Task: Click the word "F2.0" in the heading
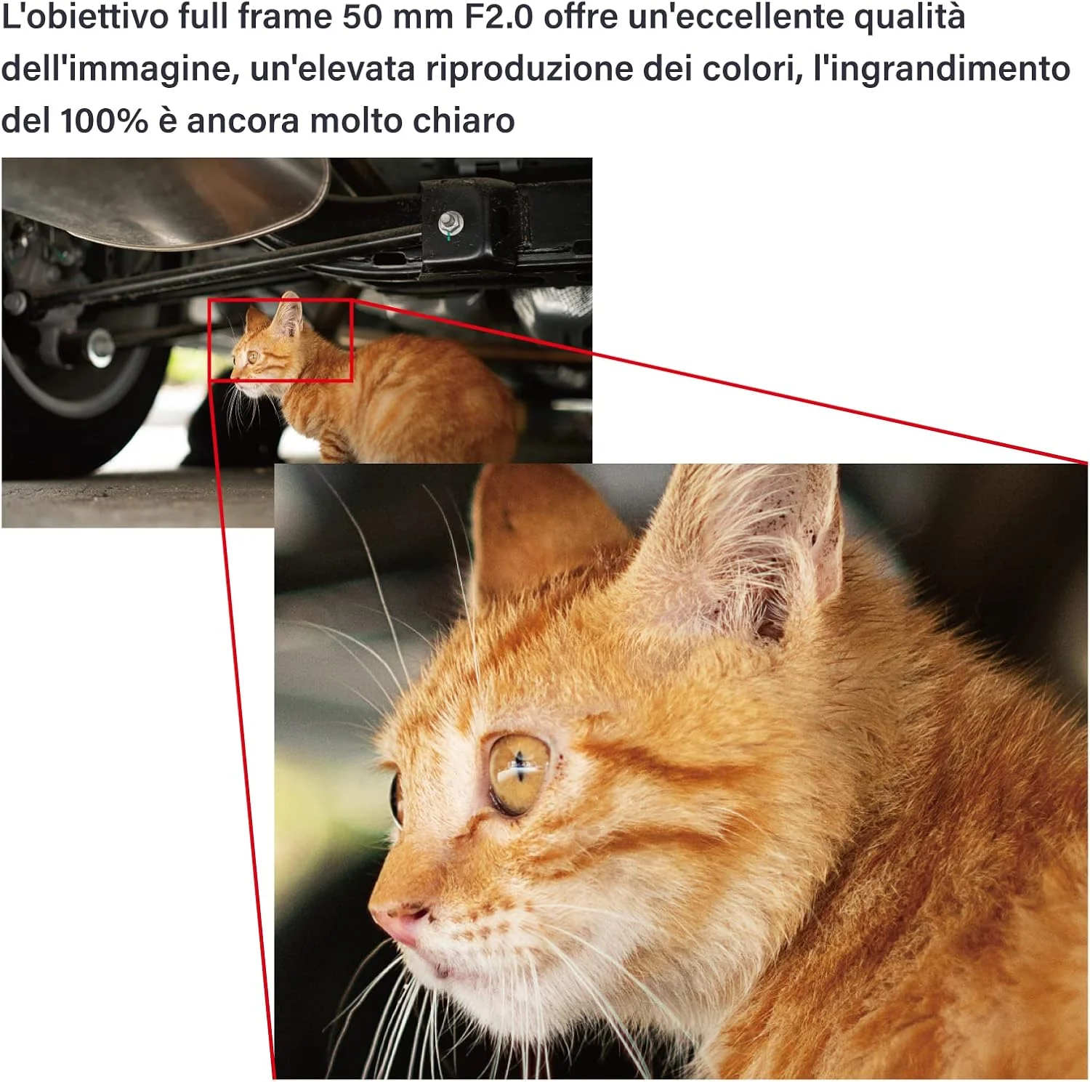pyautogui.click(x=498, y=17)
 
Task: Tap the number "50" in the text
pyautogui.click(x=362, y=17)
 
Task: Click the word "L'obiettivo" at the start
pyautogui.click(x=85, y=17)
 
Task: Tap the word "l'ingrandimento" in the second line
pyautogui.click(x=941, y=70)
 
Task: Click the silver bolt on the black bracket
pyautogui.click(x=451, y=222)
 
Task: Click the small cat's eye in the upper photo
pyautogui.click(x=254, y=356)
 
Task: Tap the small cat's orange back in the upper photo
pyautogui.click(x=421, y=378)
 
